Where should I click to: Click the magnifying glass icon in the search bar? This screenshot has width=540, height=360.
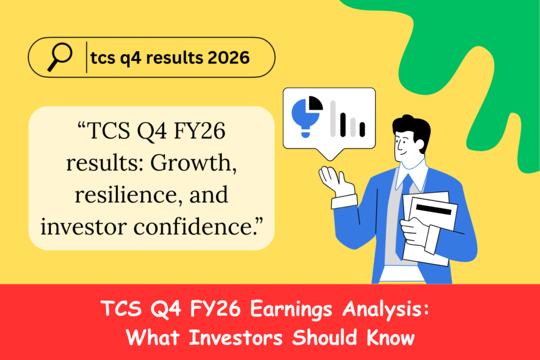59,56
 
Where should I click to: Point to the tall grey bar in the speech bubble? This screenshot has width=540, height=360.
333,118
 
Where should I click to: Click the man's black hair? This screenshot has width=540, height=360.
412,128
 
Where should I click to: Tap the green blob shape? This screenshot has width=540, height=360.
465,46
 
